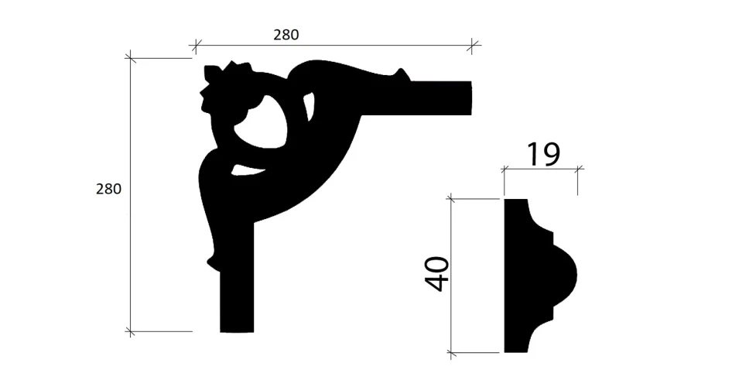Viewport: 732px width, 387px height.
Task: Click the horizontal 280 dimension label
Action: point(286,35)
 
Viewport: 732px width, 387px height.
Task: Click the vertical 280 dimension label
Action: point(108,188)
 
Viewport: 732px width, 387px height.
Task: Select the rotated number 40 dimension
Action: point(439,274)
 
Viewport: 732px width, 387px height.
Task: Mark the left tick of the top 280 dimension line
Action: point(196,45)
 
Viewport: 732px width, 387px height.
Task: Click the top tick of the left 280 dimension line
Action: point(131,57)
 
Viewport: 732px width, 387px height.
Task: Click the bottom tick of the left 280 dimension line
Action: point(131,331)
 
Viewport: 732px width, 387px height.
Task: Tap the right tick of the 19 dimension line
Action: point(577,168)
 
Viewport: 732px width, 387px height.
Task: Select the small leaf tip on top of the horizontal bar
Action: point(401,74)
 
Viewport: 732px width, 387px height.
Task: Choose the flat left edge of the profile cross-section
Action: point(506,276)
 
